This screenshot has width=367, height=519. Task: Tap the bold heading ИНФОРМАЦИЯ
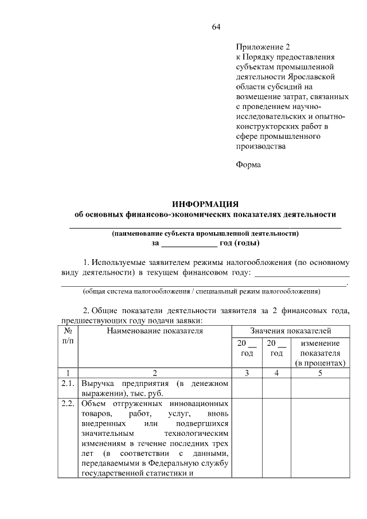click(x=205, y=204)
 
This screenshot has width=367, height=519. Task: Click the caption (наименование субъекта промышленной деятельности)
click(x=205, y=233)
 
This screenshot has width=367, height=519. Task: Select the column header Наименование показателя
click(x=154, y=331)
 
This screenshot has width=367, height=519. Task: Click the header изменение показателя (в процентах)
click(x=320, y=353)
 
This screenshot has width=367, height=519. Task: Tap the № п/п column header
click(x=68, y=336)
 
